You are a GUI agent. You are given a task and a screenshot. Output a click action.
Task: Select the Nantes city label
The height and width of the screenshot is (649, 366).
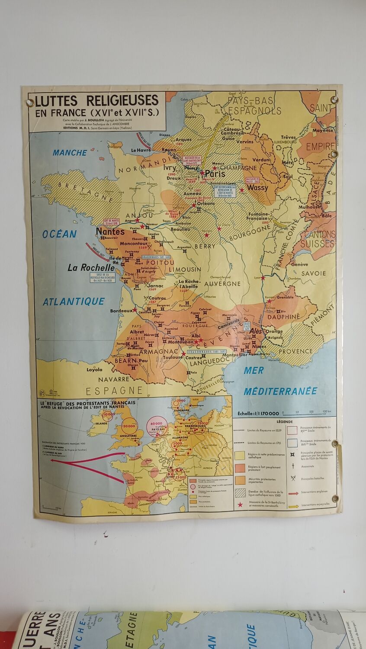point(110,231)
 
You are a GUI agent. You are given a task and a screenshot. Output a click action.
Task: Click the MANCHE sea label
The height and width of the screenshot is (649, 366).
point(70,152)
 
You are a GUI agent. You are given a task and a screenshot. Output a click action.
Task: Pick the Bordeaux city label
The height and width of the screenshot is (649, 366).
point(121,311)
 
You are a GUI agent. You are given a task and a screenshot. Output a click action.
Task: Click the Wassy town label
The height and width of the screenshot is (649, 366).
point(257,188)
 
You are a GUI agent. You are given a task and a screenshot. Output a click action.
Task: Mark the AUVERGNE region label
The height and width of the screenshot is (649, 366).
point(222,284)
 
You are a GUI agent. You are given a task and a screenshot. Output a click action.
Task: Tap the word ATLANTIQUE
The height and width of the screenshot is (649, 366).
point(74,301)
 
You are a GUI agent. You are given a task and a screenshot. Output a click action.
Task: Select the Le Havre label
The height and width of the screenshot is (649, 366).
point(140,150)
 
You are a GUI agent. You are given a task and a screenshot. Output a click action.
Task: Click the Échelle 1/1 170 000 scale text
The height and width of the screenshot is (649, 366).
point(262,413)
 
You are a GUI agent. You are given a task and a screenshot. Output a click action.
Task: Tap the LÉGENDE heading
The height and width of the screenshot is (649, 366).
point(283,421)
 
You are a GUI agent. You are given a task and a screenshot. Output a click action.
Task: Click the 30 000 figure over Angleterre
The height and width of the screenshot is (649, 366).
point(129,426)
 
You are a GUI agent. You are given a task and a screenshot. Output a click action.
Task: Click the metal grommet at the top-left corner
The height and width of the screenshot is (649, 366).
point(31,103)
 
